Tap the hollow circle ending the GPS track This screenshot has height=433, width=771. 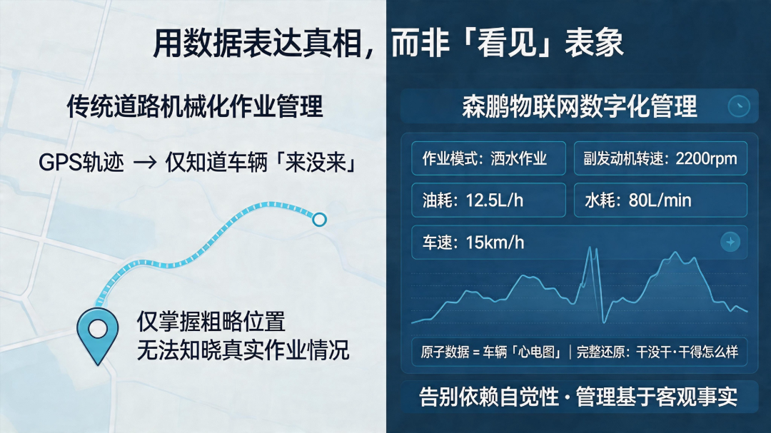coord(319,219)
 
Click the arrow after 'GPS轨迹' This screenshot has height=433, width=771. coord(145,163)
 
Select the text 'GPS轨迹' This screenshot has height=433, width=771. coord(81,163)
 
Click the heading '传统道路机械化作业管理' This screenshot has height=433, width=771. coord(195,106)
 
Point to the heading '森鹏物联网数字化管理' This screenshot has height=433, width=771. coord(579,106)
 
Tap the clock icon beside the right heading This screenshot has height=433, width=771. coord(739,106)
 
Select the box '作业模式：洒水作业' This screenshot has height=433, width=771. coord(488,158)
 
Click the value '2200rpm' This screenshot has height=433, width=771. coord(706,158)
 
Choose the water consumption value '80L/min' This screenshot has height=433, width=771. coord(660,200)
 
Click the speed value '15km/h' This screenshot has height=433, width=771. coord(495,243)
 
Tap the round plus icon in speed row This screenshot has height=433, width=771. coord(730,242)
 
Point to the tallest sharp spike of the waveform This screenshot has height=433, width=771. coord(589,248)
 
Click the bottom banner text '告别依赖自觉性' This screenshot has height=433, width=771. coord(489,397)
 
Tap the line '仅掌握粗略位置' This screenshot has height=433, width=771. coord(211,322)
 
